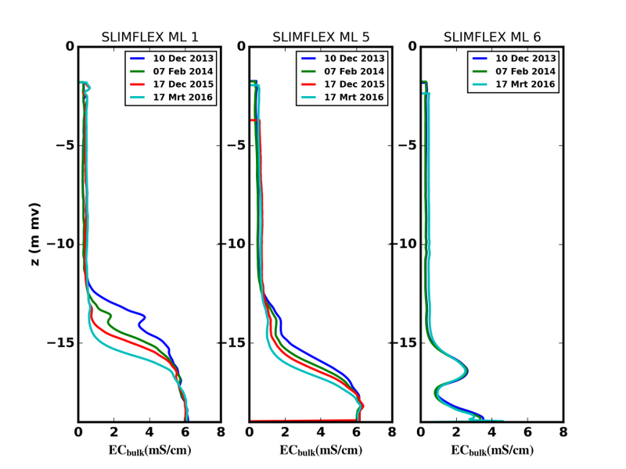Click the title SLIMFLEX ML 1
[149, 38]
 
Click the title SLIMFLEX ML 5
[320, 38]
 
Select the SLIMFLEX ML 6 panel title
[491, 38]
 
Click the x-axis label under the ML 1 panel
[149, 451]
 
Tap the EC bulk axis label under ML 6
[492, 451]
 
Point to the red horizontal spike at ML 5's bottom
[305, 421]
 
